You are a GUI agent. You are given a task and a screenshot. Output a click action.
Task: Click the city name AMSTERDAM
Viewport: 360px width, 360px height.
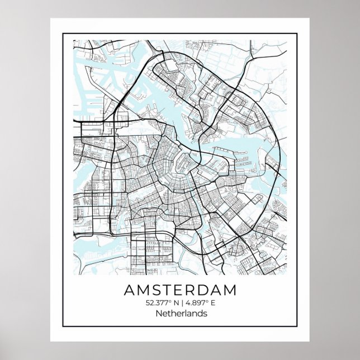coord(179,290)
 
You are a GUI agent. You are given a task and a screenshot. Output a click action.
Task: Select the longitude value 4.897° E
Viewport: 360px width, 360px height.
coord(201,302)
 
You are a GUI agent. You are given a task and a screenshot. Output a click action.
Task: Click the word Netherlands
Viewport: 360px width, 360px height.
coord(179,313)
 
